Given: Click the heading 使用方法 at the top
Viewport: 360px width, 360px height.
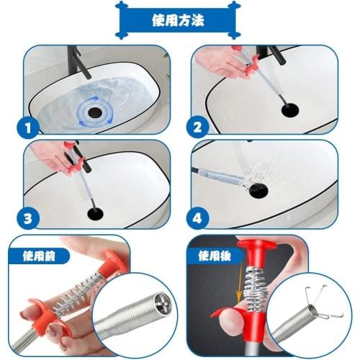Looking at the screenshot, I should coord(180,20).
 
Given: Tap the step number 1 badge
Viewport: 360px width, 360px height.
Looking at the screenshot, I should coord(28,129).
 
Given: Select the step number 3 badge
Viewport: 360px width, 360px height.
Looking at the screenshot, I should coord(28,217).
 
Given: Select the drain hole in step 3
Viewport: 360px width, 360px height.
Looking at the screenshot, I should coord(96,213).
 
